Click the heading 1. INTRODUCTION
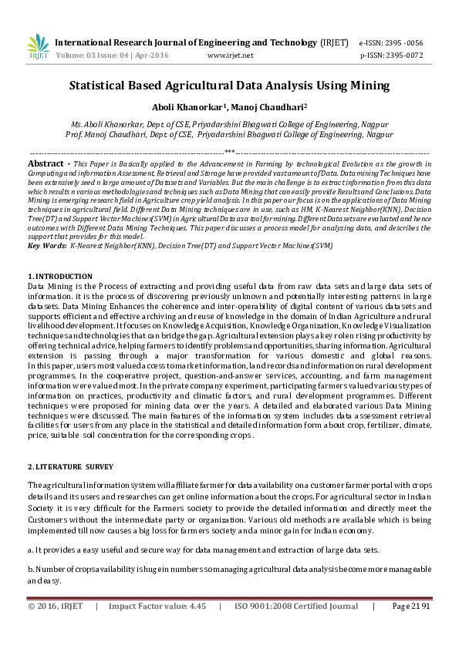coord(60,276)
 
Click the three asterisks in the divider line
coord(229,153)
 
